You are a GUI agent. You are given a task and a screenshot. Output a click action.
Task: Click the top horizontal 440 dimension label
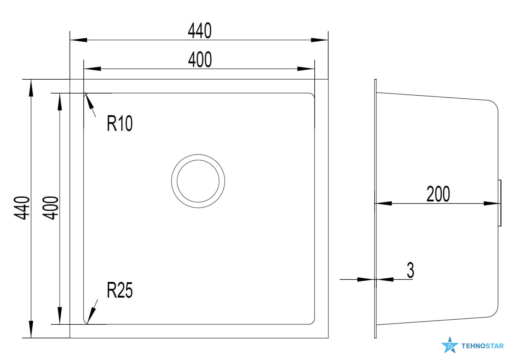click(199, 31)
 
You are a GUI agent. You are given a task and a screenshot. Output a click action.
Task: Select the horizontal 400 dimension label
click(200, 59)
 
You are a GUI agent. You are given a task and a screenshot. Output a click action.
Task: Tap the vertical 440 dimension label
click(22, 208)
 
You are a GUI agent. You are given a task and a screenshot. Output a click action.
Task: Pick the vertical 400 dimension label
click(50, 208)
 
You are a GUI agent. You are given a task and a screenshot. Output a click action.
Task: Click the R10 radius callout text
click(120, 123)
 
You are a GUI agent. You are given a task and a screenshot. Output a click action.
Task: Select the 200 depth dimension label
click(438, 194)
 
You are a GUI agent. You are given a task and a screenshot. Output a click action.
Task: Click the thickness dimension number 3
click(410, 270)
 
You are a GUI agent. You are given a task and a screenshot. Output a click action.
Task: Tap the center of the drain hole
click(198, 181)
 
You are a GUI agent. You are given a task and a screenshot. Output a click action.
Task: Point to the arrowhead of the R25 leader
click(91, 316)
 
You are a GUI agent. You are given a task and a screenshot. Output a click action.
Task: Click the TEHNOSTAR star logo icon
click(450, 345)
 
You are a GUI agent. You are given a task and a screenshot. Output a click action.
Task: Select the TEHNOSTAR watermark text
click(482, 346)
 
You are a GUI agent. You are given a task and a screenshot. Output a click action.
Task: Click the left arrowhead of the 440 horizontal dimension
click(79, 40)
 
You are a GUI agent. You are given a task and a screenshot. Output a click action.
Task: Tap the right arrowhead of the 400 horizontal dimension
click(306, 69)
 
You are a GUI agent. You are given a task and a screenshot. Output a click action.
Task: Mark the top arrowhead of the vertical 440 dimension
click(31, 88)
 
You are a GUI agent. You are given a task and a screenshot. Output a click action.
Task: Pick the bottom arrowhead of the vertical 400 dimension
click(60, 316)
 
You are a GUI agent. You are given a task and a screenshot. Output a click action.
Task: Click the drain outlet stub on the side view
click(500, 203)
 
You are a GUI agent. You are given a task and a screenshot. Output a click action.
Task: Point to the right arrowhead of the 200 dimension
click(492, 203)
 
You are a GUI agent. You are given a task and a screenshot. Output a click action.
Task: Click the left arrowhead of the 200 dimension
click(383, 203)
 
